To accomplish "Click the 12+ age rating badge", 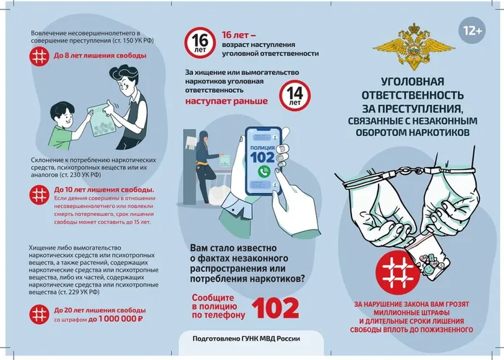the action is [x=472, y=31].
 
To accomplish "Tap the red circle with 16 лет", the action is [x=200, y=42].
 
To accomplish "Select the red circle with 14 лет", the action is [x=294, y=96].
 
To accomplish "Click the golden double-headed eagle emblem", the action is [x=414, y=47].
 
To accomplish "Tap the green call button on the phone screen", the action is [x=264, y=171].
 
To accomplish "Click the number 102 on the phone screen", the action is [x=263, y=158].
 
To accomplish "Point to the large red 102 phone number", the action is [x=276, y=308].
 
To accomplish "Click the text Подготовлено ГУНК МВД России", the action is [x=246, y=339].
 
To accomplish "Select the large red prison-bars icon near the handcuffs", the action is [x=397, y=273].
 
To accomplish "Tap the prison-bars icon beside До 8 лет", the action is [x=39, y=56].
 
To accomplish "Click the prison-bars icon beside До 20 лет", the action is [x=39, y=315].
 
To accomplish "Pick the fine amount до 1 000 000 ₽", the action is [x=115, y=319].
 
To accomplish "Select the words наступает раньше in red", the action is [x=226, y=101].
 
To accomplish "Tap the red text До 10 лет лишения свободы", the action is [x=104, y=189].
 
